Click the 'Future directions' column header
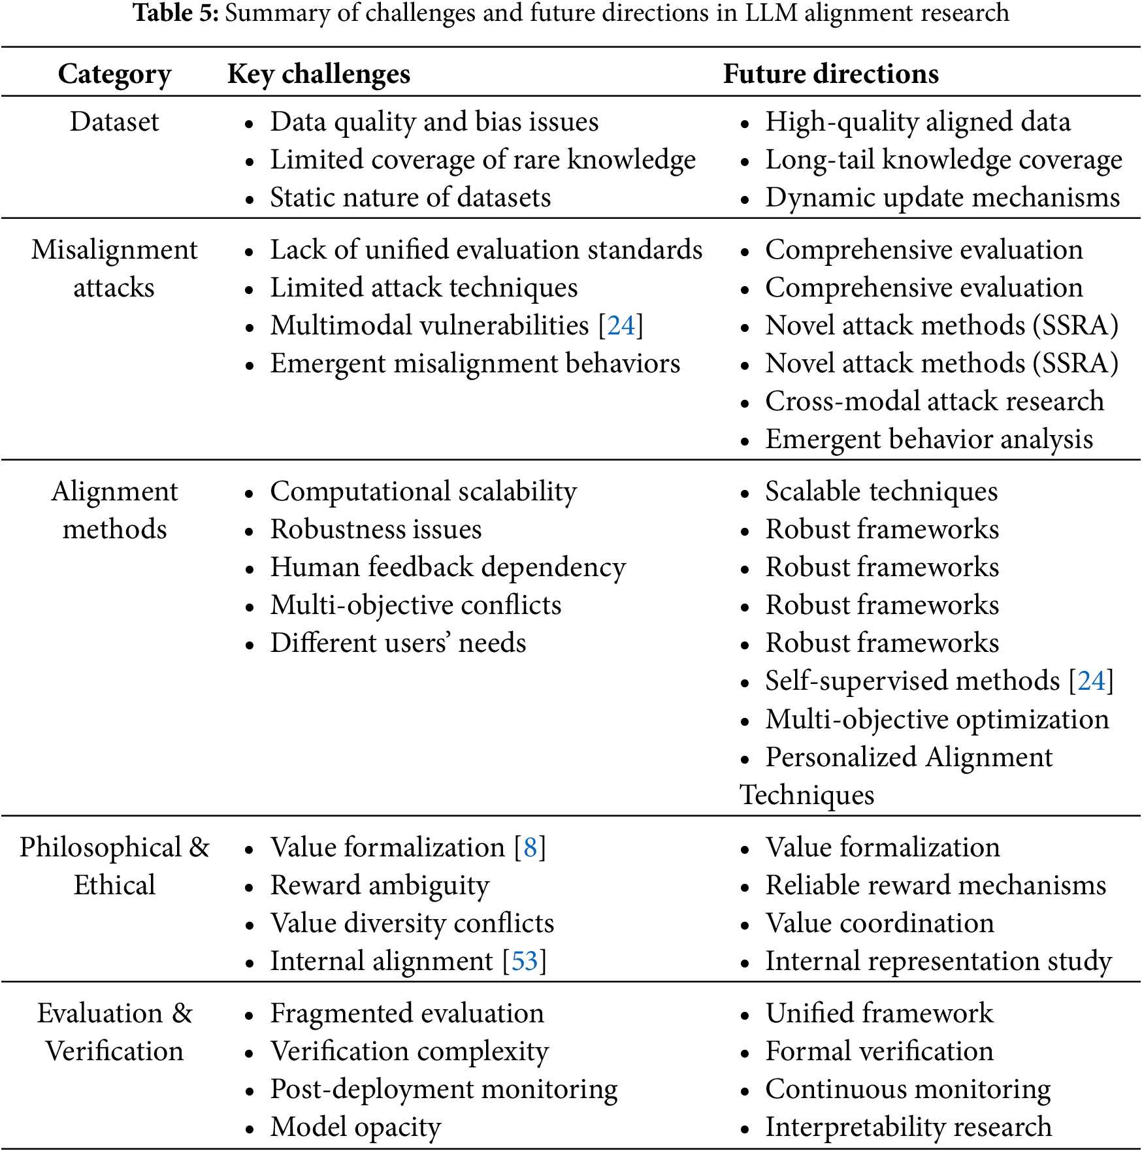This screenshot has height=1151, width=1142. (x=830, y=74)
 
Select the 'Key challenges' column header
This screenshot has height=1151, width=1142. (x=319, y=74)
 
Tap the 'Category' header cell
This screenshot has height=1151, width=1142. (x=114, y=74)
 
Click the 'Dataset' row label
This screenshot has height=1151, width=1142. (x=114, y=122)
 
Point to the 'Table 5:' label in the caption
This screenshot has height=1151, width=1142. (x=175, y=12)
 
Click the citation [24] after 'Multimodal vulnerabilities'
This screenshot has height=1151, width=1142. (x=621, y=325)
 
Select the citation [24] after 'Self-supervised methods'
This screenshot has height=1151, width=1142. (x=1091, y=681)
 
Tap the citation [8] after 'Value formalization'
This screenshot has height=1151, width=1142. (x=530, y=847)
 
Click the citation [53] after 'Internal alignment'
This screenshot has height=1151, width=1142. (x=525, y=961)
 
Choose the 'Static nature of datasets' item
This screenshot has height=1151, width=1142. (x=410, y=197)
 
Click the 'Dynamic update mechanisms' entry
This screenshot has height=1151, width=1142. (x=942, y=197)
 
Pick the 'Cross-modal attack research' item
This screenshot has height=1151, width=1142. (x=934, y=401)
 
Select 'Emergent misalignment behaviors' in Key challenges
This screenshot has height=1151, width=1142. (x=475, y=363)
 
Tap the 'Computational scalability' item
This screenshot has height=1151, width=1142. (x=423, y=491)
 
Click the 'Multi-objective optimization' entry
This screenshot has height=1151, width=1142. (x=937, y=719)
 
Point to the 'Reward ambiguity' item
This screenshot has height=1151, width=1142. (x=380, y=885)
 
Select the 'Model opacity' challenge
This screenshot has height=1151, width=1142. (x=355, y=1127)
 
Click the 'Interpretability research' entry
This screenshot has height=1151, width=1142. (x=908, y=1127)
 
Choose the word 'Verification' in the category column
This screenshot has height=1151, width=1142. (x=114, y=1051)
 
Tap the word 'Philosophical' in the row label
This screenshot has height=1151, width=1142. (x=101, y=847)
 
